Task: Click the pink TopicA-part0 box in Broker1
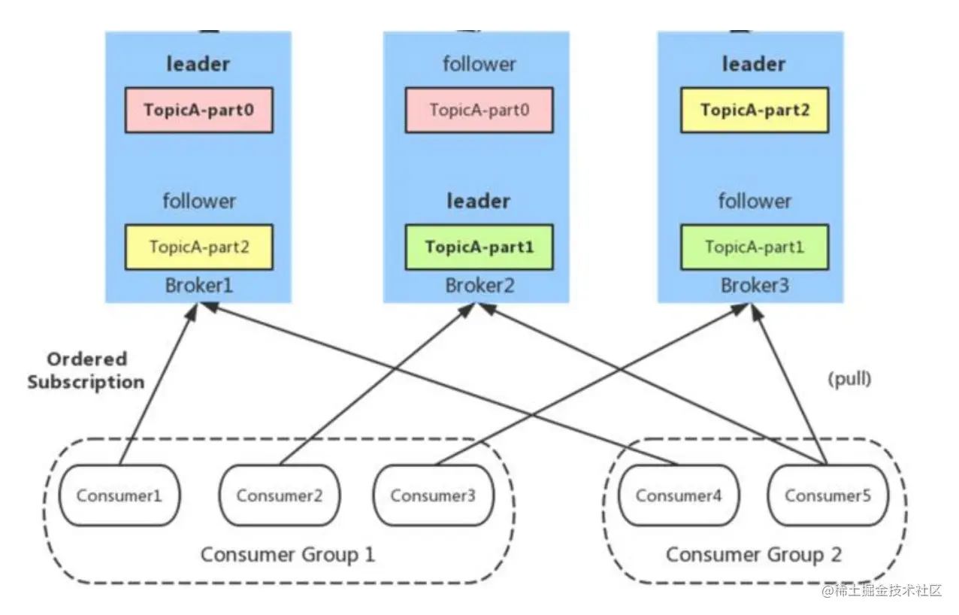pos(198,111)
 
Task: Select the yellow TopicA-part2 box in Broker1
pos(198,247)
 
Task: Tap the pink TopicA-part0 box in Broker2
pos(479,111)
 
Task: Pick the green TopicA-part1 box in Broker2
pos(479,247)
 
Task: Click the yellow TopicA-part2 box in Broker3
pos(754,111)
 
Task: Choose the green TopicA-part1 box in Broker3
pos(754,247)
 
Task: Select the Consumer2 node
pos(279,495)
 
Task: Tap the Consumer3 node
pos(434,495)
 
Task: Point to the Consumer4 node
pos(678,495)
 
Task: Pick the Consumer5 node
pos(827,495)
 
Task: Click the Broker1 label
pos(198,286)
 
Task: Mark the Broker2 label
pos(479,286)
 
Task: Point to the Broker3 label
pos(754,286)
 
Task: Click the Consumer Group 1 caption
pos(287,556)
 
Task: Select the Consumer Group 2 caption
pos(754,556)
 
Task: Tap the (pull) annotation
pos(849,379)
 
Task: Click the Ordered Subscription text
pos(86,371)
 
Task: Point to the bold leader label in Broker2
pos(479,201)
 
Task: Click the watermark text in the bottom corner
pos(882,591)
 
